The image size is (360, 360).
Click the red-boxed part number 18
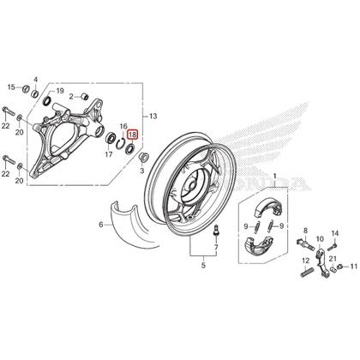click(x=132, y=135)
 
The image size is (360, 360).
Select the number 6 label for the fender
click(x=100, y=225)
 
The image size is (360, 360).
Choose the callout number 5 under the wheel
click(x=203, y=267)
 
